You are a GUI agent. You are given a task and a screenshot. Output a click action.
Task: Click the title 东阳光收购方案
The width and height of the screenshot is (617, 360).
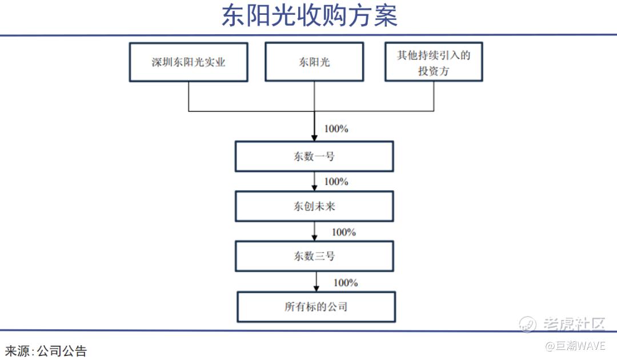point(309,16)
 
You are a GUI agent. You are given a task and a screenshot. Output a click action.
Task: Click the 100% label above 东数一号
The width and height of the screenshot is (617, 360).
point(336,129)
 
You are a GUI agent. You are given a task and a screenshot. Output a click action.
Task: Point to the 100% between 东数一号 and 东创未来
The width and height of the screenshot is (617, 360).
point(336,181)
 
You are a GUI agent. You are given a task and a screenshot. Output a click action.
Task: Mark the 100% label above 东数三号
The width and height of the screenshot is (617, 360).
point(344,232)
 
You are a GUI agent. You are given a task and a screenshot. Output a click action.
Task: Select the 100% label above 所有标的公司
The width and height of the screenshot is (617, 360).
point(346,282)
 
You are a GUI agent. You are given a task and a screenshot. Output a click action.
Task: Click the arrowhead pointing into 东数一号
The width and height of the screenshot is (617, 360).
point(314,138)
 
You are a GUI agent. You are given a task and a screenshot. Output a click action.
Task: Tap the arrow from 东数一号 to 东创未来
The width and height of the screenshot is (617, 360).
point(314,181)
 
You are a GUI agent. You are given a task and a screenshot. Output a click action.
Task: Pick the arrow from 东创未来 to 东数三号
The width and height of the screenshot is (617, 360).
point(314,231)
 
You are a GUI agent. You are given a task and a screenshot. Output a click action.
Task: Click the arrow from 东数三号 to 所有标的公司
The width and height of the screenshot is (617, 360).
point(316,282)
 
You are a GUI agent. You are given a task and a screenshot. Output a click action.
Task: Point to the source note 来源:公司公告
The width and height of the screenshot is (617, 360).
point(46,350)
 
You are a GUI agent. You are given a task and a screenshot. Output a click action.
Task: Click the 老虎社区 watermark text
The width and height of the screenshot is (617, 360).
point(574,324)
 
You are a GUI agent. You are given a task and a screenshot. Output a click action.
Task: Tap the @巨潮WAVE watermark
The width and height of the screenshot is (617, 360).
point(575,346)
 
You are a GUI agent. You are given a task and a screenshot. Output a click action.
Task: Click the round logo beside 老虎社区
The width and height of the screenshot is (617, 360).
point(527,324)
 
